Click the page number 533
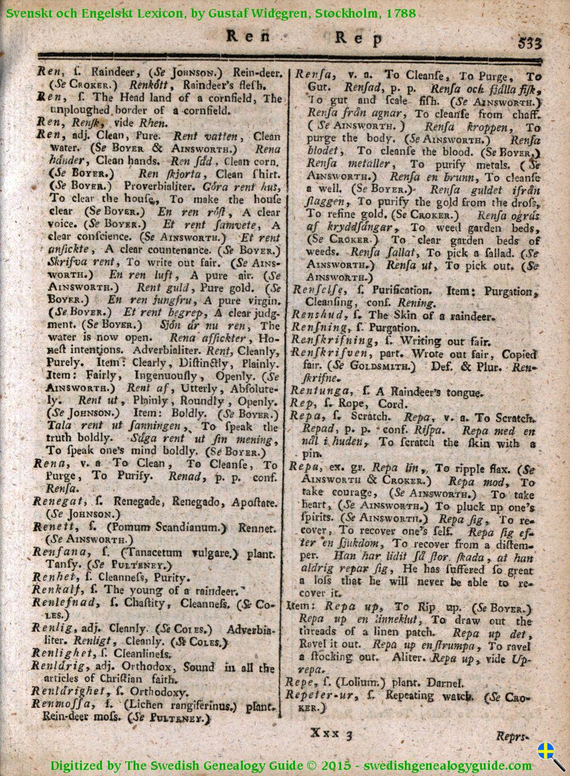click(530, 42)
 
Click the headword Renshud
click(316, 315)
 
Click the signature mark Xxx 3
click(331, 734)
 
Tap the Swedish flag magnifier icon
click(549, 753)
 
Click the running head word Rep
click(359, 39)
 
